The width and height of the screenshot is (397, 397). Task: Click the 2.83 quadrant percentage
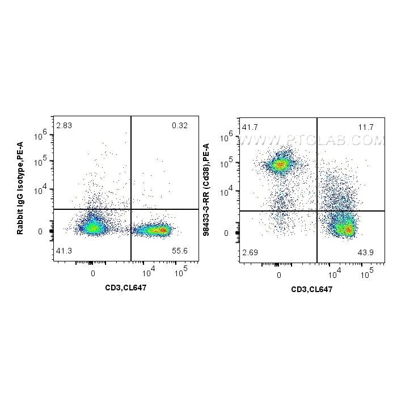point(64,125)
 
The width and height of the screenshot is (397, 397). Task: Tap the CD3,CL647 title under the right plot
point(311,289)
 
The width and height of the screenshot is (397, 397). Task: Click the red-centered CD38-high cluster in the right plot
point(280,165)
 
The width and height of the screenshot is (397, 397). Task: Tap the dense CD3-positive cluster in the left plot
point(159,230)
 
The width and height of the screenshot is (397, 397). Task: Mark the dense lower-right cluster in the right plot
point(345,228)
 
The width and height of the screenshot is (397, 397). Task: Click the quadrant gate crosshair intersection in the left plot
point(131,209)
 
